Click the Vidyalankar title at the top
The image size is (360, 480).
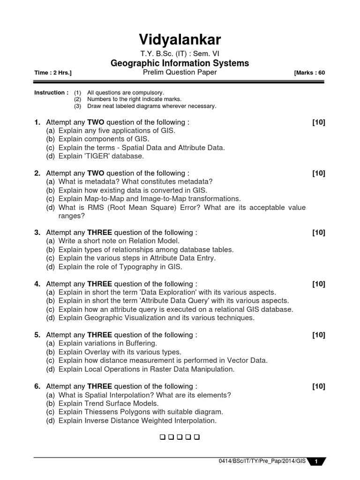pyautogui.click(x=180, y=39)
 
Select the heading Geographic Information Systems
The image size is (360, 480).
pyautogui.click(x=180, y=63)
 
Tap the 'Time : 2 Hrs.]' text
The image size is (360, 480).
pyautogui.click(x=53, y=73)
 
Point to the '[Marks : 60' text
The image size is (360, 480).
pyautogui.click(x=309, y=73)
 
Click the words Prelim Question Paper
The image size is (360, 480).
pyautogui.click(x=180, y=73)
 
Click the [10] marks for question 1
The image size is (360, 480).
pyautogui.click(x=319, y=122)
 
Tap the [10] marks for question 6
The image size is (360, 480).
pyautogui.click(x=319, y=387)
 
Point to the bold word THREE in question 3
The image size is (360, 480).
pyautogui.click(x=99, y=232)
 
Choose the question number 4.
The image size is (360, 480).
pyautogui.click(x=37, y=284)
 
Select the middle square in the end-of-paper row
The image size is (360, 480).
pyautogui.click(x=180, y=438)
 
